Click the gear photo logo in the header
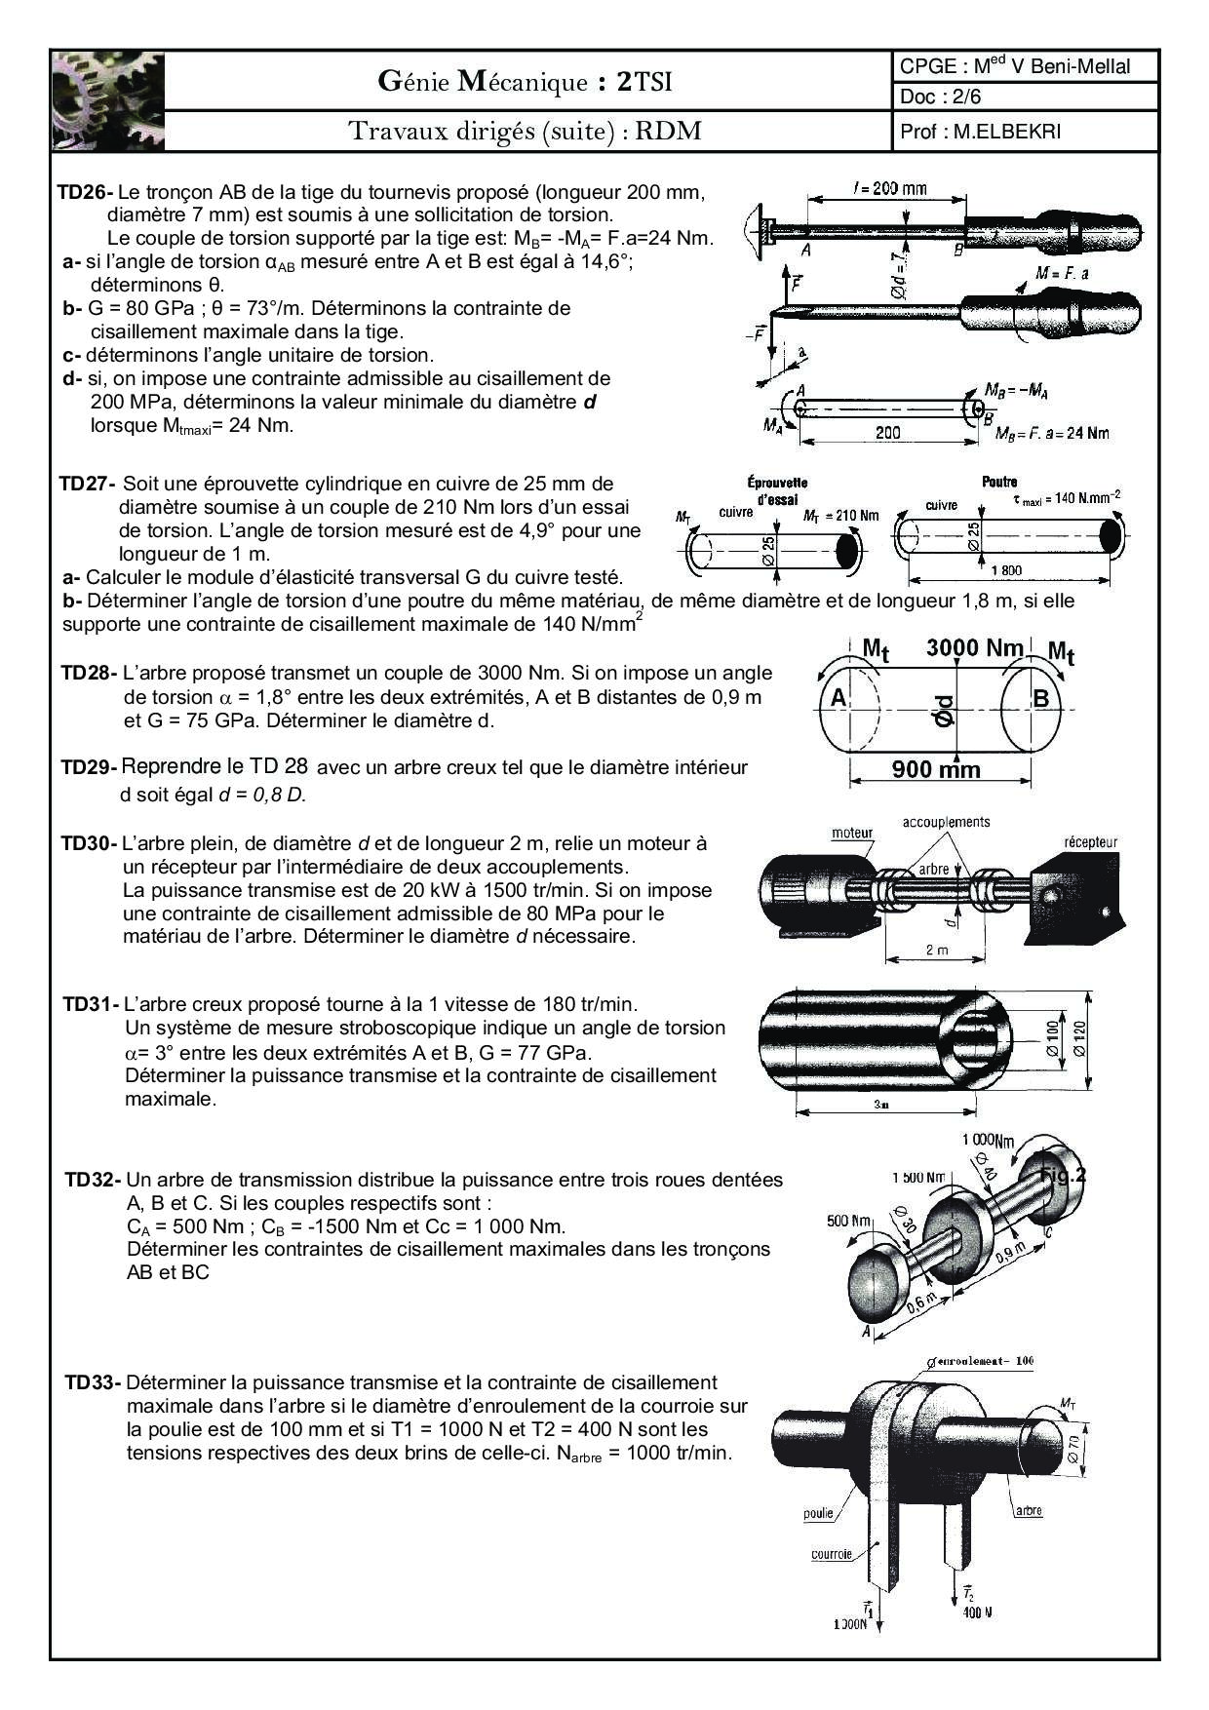108,101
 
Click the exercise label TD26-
85,192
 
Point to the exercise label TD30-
89,843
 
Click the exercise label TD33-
93,1382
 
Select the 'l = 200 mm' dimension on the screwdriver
888,188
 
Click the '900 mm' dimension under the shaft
937,770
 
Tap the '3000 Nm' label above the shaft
974,647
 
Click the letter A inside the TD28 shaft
838,698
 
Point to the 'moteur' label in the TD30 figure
852,833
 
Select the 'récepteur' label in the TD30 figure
1090,842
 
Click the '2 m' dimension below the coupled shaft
935,950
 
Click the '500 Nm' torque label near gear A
848,1221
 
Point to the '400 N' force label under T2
977,1613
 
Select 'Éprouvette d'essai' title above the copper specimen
777,490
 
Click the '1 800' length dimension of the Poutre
1005,570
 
